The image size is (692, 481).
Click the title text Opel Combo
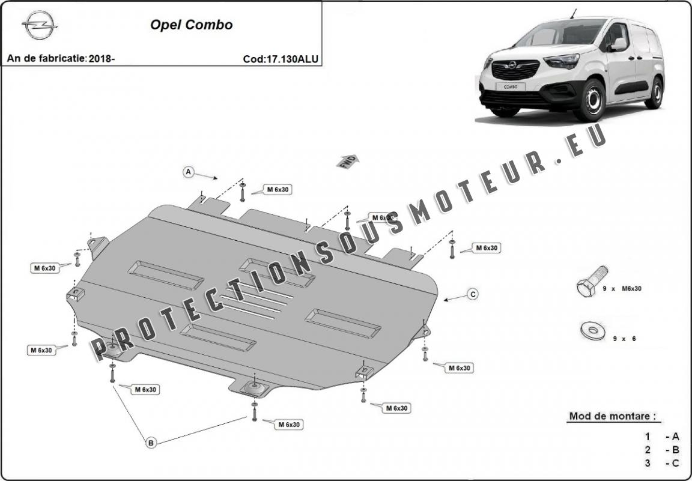(x=191, y=25)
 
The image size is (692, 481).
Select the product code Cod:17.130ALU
(x=281, y=59)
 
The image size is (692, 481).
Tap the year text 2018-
(x=102, y=59)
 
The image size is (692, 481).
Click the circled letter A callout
(x=188, y=172)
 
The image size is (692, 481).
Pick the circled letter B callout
(x=151, y=443)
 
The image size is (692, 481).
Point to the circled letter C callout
(x=473, y=294)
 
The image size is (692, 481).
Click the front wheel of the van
(x=589, y=101)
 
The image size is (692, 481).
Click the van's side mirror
(x=617, y=44)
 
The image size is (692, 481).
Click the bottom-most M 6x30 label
(x=288, y=425)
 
